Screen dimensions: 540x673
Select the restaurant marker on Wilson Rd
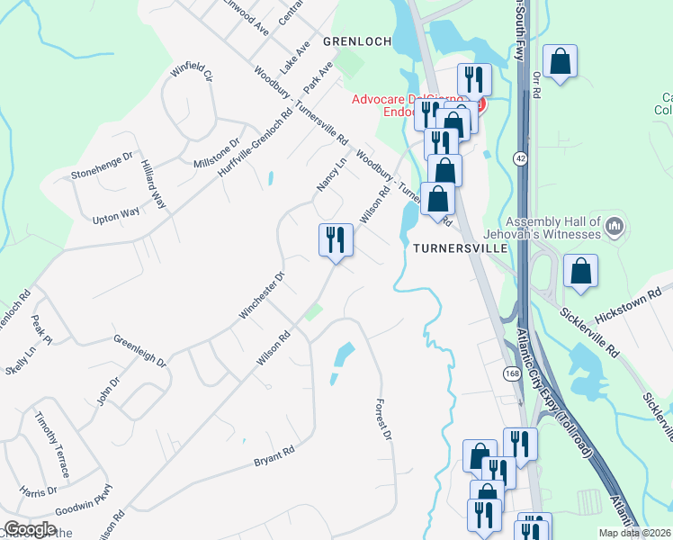(x=336, y=240)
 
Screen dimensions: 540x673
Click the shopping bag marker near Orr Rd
(x=560, y=62)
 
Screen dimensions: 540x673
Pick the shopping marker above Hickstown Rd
(x=581, y=271)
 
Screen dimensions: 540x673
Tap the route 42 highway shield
(x=520, y=158)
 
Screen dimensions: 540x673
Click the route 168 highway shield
(x=511, y=373)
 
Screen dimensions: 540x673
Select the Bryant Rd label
(x=274, y=454)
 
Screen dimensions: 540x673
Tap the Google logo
(x=31, y=529)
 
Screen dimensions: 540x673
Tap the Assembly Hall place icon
(x=615, y=225)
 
